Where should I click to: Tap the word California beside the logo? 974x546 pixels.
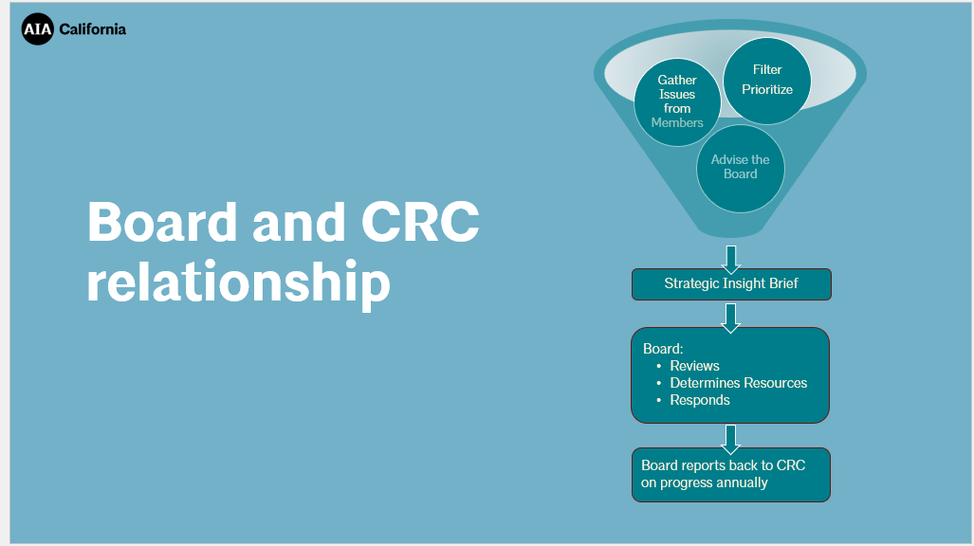coord(92,29)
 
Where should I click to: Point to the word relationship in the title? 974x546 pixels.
coord(238,282)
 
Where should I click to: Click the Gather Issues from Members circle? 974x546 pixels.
coord(677,101)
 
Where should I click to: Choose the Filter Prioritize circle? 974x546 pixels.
coord(767,80)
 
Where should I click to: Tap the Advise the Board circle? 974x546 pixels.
coord(741,168)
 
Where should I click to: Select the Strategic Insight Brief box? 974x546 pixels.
coord(731,283)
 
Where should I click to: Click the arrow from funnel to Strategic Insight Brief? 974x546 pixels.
coord(731,259)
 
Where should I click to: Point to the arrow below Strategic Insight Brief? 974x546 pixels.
coord(731,317)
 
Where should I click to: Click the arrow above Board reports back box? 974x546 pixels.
coord(731,437)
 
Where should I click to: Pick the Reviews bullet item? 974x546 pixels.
coord(694,366)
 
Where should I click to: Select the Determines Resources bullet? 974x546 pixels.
coord(738,383)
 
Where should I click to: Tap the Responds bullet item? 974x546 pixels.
coord(700,400)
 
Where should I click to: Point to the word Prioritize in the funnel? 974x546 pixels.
coord(767,89)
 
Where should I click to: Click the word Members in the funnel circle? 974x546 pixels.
coord(677,122)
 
